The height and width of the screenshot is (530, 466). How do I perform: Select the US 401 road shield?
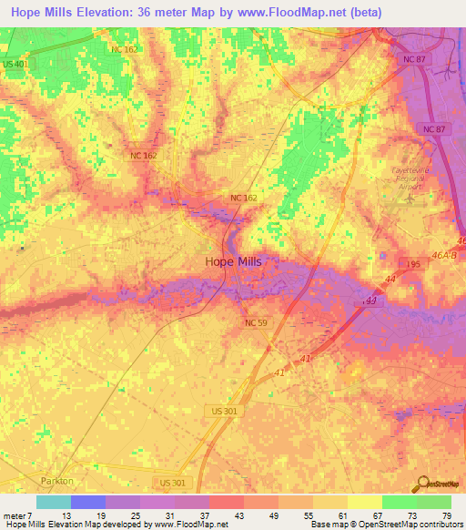pos(14,66)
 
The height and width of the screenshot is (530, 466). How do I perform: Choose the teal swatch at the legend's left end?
pos(53,503)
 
